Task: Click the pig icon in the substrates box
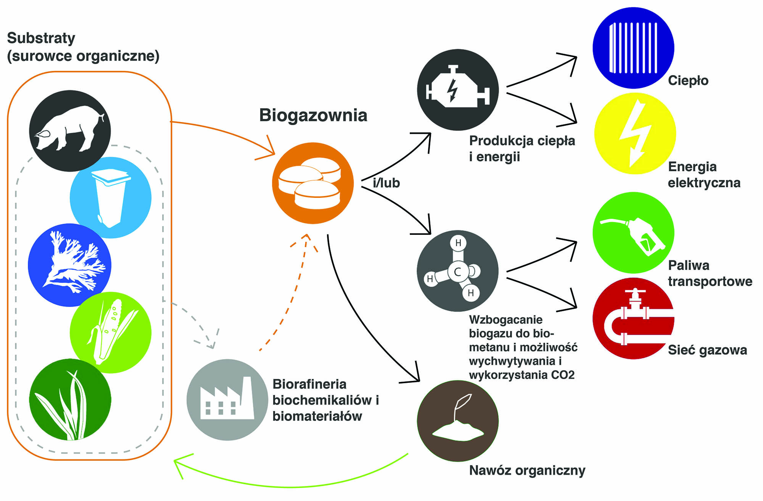click(70, 130)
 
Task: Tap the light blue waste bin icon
click(110, 198)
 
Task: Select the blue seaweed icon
click(69, 265)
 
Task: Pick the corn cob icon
click(110, 332)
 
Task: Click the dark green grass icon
click(70, 400)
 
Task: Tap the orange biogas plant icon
click(312, 183)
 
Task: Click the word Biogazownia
click(313, 115)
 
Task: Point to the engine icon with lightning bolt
click(458, 90)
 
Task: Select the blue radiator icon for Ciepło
click(633, 48)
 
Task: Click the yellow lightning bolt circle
click(635, 133)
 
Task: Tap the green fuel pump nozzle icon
click(633, 233)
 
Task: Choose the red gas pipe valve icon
click(633, 318)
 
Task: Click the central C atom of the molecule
click(457, 271)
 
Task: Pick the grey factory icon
click(227, 400)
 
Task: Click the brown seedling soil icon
click(457, 421)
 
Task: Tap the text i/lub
click(386, 183)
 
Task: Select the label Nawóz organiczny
click(527, 470)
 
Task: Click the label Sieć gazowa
click(707, 350)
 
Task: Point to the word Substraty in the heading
click(41, 38)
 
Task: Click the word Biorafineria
click(309, 384)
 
